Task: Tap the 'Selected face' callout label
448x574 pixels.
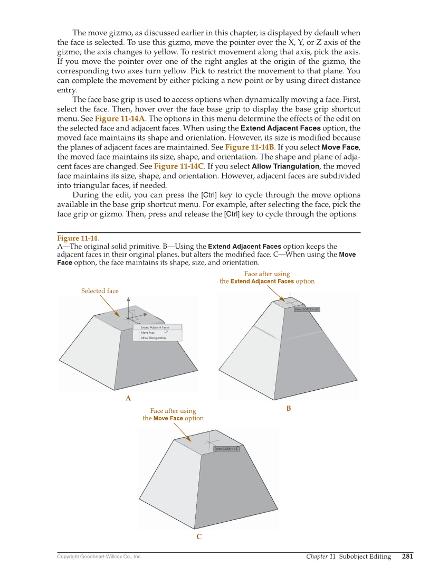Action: point(100,291)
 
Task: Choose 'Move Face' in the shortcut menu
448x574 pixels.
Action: point(148,333)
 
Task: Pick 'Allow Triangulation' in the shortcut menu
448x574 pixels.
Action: point(153,338)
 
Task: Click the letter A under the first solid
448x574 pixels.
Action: point(128,398)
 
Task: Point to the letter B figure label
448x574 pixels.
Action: point(289,408)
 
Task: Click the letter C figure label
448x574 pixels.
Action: point(199,537)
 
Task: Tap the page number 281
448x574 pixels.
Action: point(407,556)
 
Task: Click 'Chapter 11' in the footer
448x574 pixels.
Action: point(321,556)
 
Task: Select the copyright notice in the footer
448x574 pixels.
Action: point(99,557)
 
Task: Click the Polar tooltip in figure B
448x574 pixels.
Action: point(307,309)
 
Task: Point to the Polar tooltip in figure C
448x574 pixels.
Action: point(226,449)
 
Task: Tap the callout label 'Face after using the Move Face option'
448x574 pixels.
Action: point(173,415)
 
